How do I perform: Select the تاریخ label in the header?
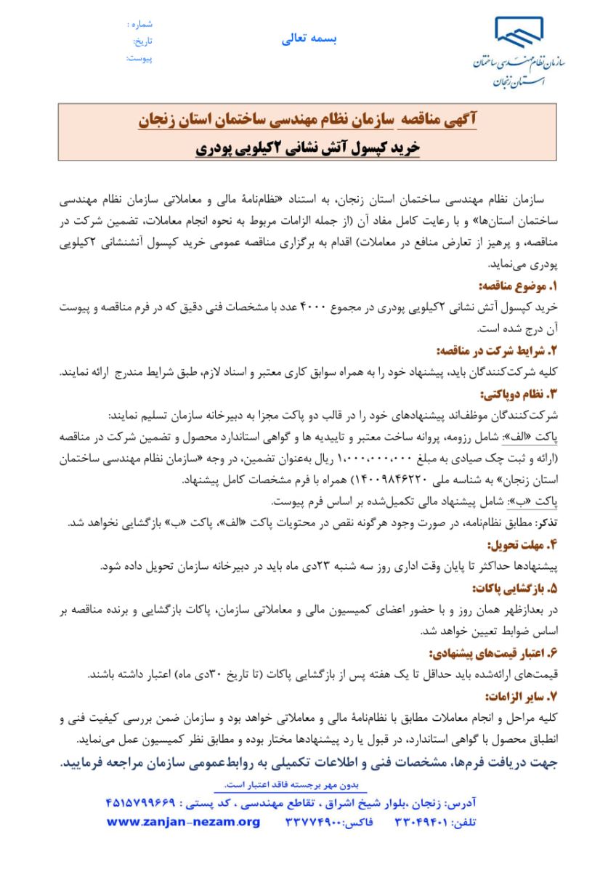142,41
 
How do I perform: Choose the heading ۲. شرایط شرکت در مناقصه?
495,350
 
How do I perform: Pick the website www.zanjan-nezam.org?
183,822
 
